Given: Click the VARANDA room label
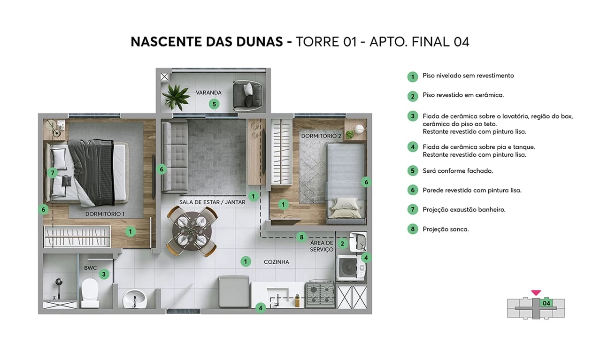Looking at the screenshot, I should (x=208, y=92).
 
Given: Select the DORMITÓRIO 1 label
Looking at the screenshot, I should (x=105, y=214).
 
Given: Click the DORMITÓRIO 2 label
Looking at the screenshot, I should (x=321, y=136).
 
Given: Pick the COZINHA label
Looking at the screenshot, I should (x=277, y=262).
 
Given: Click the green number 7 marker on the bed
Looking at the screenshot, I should (x=53, y=173).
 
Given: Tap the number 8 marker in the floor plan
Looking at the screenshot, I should (x=302, y=237).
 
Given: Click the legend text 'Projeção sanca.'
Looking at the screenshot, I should (x=446, y=229).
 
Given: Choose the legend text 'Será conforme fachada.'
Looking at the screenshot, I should (x=457, y=171).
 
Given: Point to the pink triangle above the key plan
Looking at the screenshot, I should (x=536, y=293).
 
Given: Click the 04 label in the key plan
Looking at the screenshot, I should (x=546, y=303).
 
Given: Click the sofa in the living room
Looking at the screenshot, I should (x=175, y=156).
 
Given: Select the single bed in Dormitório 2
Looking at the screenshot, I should (x=346, y=183).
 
